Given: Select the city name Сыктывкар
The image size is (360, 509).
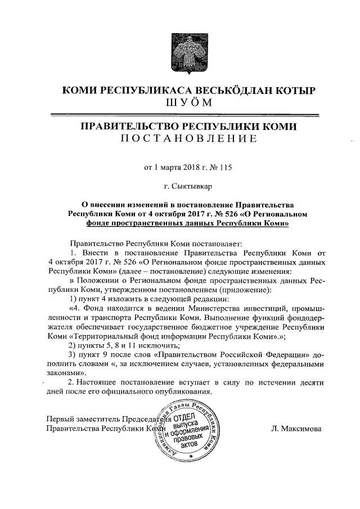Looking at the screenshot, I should point(196,184).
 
